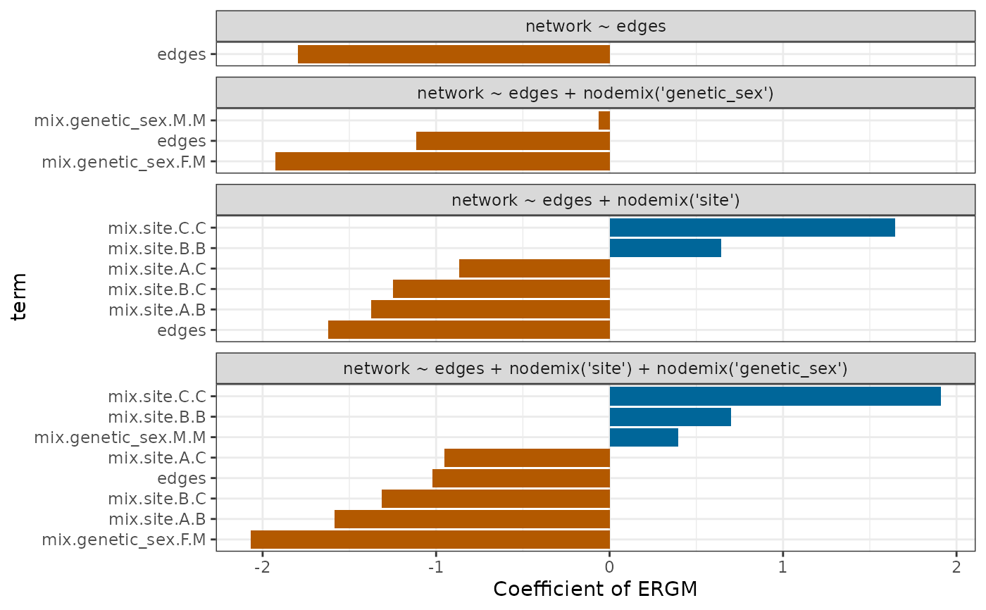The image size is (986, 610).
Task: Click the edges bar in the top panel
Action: pyautogui.click(x=454, y=54)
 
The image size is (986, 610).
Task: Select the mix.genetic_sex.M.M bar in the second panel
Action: pyautogui.click(x=604, y=120)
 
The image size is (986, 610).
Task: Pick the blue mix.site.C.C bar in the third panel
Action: pyautogui.click(x=751, y=228)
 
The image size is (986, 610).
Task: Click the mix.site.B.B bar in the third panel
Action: pyautogui.click(x=665, y=248)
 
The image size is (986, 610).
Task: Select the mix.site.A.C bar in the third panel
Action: pyautogui.click(x=534, y=268)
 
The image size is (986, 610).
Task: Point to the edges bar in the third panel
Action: pyautogui.click(x=468, y=330)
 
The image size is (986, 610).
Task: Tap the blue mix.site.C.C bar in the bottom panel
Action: pyautogui.click(x=775, y=396)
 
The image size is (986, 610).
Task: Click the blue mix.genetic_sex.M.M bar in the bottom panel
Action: pyautogui.click(x=644, y=437)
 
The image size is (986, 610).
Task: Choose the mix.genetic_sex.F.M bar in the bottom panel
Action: pyautogui.click(x=430, y=540)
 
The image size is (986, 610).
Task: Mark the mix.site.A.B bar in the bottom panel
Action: pyautogui.click(x=472, y=519)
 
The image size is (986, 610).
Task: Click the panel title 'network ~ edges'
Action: pyautogui.click(x=595, y=27)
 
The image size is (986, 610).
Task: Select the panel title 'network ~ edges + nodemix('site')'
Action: pyautogui.click(x=595, y=200)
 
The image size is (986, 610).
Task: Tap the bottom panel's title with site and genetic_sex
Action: pyautogui.click(x=595, y=368)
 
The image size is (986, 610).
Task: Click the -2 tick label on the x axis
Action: pyautogui.click(x=262, y=566)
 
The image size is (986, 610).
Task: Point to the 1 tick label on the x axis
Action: pyautogui.click(x=782, y=566)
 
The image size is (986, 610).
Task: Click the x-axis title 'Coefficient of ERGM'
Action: pyautogui.click(x=595, y=590)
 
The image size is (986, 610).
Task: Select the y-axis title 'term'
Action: pyautogui.click(x=20, y=297)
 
